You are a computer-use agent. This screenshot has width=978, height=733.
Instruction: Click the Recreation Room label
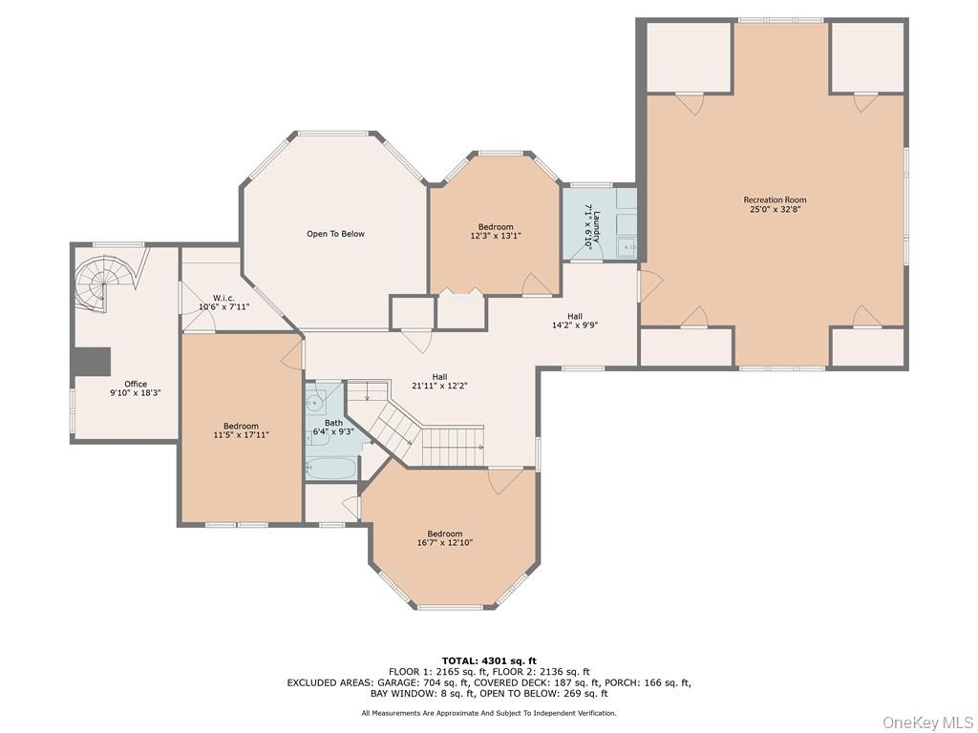(x=775, y=200)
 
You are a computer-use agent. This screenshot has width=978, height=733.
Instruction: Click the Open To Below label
(x=335, y=234)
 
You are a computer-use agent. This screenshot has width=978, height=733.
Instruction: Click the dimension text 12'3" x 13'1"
(x=496, y=236)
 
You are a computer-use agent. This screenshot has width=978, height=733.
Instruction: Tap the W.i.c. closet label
(x=223, y=297)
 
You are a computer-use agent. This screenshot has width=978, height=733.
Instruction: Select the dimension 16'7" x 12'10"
(x=445, y=543)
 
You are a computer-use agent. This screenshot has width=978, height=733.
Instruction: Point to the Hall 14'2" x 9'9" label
(x=575, y=317)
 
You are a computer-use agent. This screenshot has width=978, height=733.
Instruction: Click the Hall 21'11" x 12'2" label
(x=438, y=376)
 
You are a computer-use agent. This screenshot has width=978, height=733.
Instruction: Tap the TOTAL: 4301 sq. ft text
(x=489, y=660)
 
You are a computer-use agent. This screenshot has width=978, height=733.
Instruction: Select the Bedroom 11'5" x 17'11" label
(x=241, y=426)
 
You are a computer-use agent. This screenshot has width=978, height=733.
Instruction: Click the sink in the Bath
(x=320, y=399)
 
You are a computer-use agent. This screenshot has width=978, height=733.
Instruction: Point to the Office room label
(x=136, y=384)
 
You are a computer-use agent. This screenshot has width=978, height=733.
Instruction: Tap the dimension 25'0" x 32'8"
(x=775, y=210)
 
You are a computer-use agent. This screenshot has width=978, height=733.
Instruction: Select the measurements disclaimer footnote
(x=489, y=713)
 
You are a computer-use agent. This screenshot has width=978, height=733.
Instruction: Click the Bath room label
(x=333, y=422)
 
